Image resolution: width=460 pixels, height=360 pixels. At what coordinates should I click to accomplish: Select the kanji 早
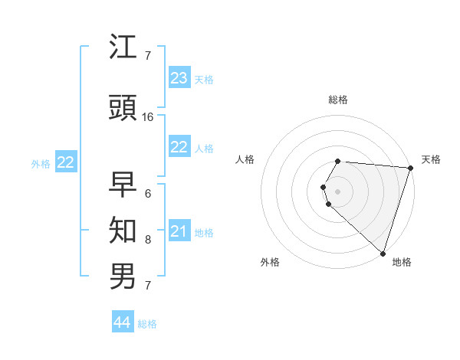click(x=123, y=185)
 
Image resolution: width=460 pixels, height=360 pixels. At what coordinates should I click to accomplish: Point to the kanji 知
click(x=123, y=229)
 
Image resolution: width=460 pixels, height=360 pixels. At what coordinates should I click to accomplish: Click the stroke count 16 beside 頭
click(x=148, y=117)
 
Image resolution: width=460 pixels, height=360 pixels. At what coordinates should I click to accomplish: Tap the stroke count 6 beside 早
click(x=147, y=193)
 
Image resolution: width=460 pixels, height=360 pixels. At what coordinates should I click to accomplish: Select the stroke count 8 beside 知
click(x=147, y=240)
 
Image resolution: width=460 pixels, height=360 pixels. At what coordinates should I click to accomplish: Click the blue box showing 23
click(x=179, y=78)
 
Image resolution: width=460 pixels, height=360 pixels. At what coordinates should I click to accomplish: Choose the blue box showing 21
click(x=179, y=231)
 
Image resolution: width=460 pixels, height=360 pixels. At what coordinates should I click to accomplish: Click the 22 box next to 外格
click(x=65, y=162)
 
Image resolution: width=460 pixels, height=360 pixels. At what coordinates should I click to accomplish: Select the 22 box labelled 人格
click(x=179, y=147)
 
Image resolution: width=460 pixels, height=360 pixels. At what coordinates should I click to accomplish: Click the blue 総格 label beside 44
click(x=147, y=324)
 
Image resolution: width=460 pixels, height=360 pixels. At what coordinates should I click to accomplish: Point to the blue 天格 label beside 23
click(x=203, y=80)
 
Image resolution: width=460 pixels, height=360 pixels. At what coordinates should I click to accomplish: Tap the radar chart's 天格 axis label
click(x=431, y=159)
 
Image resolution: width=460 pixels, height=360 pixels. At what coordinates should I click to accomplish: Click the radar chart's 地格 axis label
click(x=402, y=263)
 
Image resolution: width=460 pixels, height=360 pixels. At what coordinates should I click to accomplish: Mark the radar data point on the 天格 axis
click(x=410, y=168)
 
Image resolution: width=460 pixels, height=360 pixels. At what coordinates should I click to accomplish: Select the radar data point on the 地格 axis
click(x=383, y=253)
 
